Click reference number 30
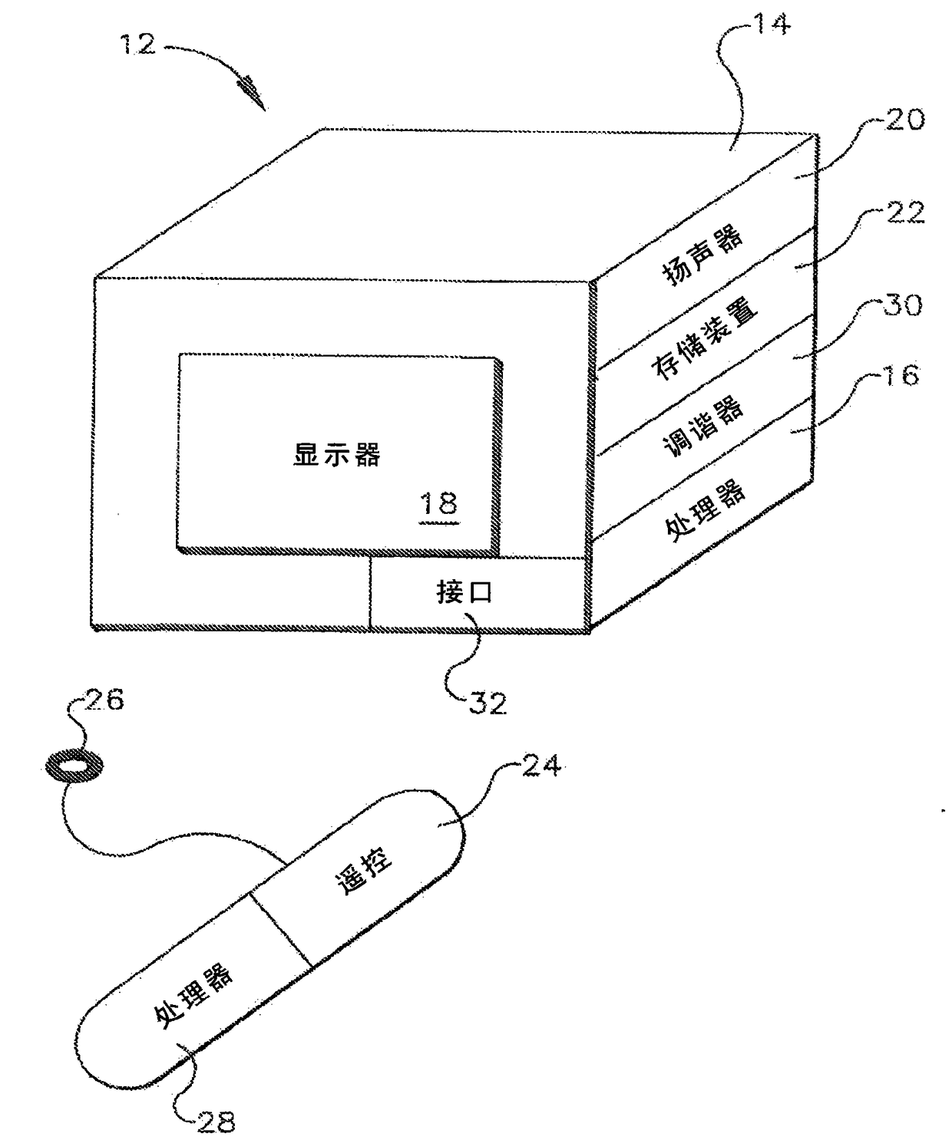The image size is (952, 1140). [903, 305]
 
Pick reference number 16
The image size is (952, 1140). [899, 375]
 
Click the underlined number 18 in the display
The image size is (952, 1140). [439, 504]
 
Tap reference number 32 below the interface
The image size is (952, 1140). [487, 703]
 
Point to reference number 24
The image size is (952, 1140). [541, 766]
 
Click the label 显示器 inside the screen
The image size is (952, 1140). [337, 455]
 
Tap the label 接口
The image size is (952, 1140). [464, 592]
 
